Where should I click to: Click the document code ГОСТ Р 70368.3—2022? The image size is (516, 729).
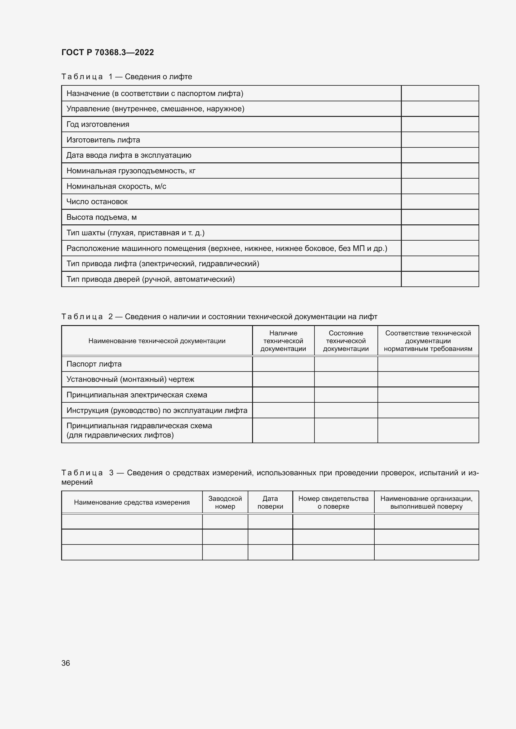(x=107, y=52)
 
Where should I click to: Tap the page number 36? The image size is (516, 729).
(x=66, y=663)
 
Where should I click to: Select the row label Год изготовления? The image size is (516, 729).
(x=98, y=124)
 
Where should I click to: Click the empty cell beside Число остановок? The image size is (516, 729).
(x=440, y=202)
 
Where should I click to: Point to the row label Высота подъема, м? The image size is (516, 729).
(x=101, y=217)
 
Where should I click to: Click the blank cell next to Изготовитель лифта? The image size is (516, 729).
(x=440, y=140)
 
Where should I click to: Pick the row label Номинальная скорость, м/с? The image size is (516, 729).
(x=116, y=186)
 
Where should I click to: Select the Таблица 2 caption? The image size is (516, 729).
(x=219, y=317)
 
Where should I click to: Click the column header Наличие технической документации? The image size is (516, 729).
(x=283, y=341)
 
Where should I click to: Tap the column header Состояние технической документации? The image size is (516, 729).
(x=346, y=341)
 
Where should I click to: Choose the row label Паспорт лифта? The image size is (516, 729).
(x=94, y=364)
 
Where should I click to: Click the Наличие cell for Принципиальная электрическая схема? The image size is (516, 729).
(x=283, y=395)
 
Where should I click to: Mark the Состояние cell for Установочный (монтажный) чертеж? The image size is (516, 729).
(x=346, y=379)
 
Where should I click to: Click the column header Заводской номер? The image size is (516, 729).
(x=225, y=502)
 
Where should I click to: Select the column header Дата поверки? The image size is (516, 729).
(x=270, y=502)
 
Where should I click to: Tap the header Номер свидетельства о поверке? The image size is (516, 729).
(x=333, y=502)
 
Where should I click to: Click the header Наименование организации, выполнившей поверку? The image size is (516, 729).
(x=426, y=502)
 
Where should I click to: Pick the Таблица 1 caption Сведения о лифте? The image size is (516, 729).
(x=126, y=77)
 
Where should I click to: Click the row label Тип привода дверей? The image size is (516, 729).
(x=150, y=279)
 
